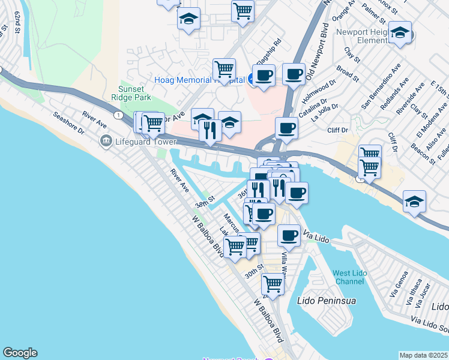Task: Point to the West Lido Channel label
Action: pyautogui.click(x=349, y=277)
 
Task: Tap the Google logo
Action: pyautogui.click(x=20, y=353)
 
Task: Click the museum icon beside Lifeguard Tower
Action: pyautogui.click(x=106, y=142)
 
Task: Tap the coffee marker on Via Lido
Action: pyautogui.click(x=289, y=235)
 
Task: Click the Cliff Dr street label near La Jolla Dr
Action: pyautogui.click(x=337, y=129)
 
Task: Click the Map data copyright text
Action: pyautogui.click(x=423, y=355)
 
